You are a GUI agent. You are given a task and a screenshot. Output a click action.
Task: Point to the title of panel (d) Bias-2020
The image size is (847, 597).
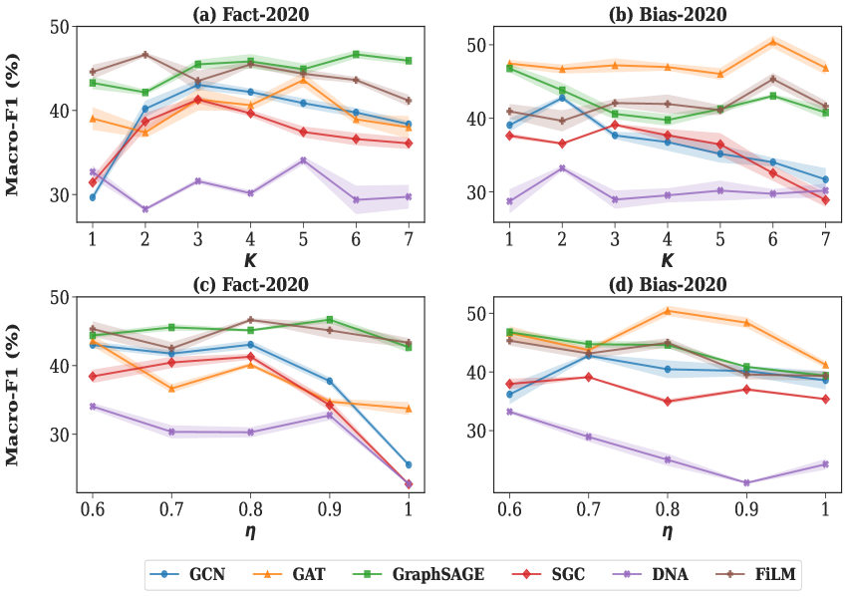667,284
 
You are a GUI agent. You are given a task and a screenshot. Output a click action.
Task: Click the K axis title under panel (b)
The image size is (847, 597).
667,260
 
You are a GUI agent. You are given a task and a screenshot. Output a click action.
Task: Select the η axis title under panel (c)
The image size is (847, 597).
250,531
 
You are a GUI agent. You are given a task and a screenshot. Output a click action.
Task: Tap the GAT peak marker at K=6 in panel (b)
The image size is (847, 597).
773,41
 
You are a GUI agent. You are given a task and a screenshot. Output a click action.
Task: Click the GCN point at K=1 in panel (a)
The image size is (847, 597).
93,197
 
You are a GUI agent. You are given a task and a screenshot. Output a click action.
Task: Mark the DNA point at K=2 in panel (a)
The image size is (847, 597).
144,209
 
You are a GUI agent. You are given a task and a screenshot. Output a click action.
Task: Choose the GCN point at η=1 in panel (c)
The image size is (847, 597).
409,464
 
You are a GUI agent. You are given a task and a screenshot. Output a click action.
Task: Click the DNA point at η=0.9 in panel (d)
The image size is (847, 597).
746,482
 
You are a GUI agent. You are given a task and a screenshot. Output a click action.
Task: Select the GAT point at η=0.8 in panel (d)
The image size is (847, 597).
668,310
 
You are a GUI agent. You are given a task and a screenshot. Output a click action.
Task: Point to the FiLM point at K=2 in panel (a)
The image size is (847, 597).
144,54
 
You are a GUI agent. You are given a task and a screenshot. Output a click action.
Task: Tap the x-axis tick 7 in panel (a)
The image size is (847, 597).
409,239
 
